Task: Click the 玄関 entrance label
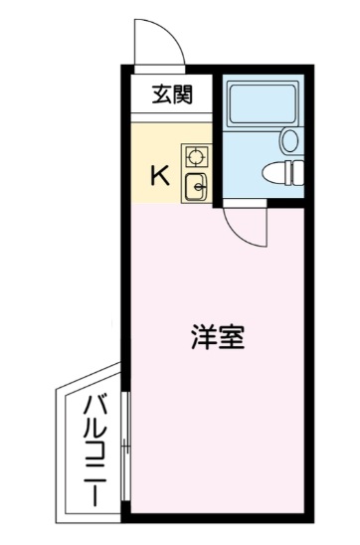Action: point(172,95)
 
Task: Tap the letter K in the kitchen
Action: point(158,177)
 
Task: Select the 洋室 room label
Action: point(216,336)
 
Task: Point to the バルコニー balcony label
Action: point(94,450)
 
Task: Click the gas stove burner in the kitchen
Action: point(195,156)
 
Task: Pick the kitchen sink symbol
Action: point(195,185)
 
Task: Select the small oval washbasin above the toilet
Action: point(290,140)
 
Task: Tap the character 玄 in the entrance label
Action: point(162,95)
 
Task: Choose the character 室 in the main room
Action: point(230,336)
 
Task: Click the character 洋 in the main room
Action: point(202,336)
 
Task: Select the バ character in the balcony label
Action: point(94,407)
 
